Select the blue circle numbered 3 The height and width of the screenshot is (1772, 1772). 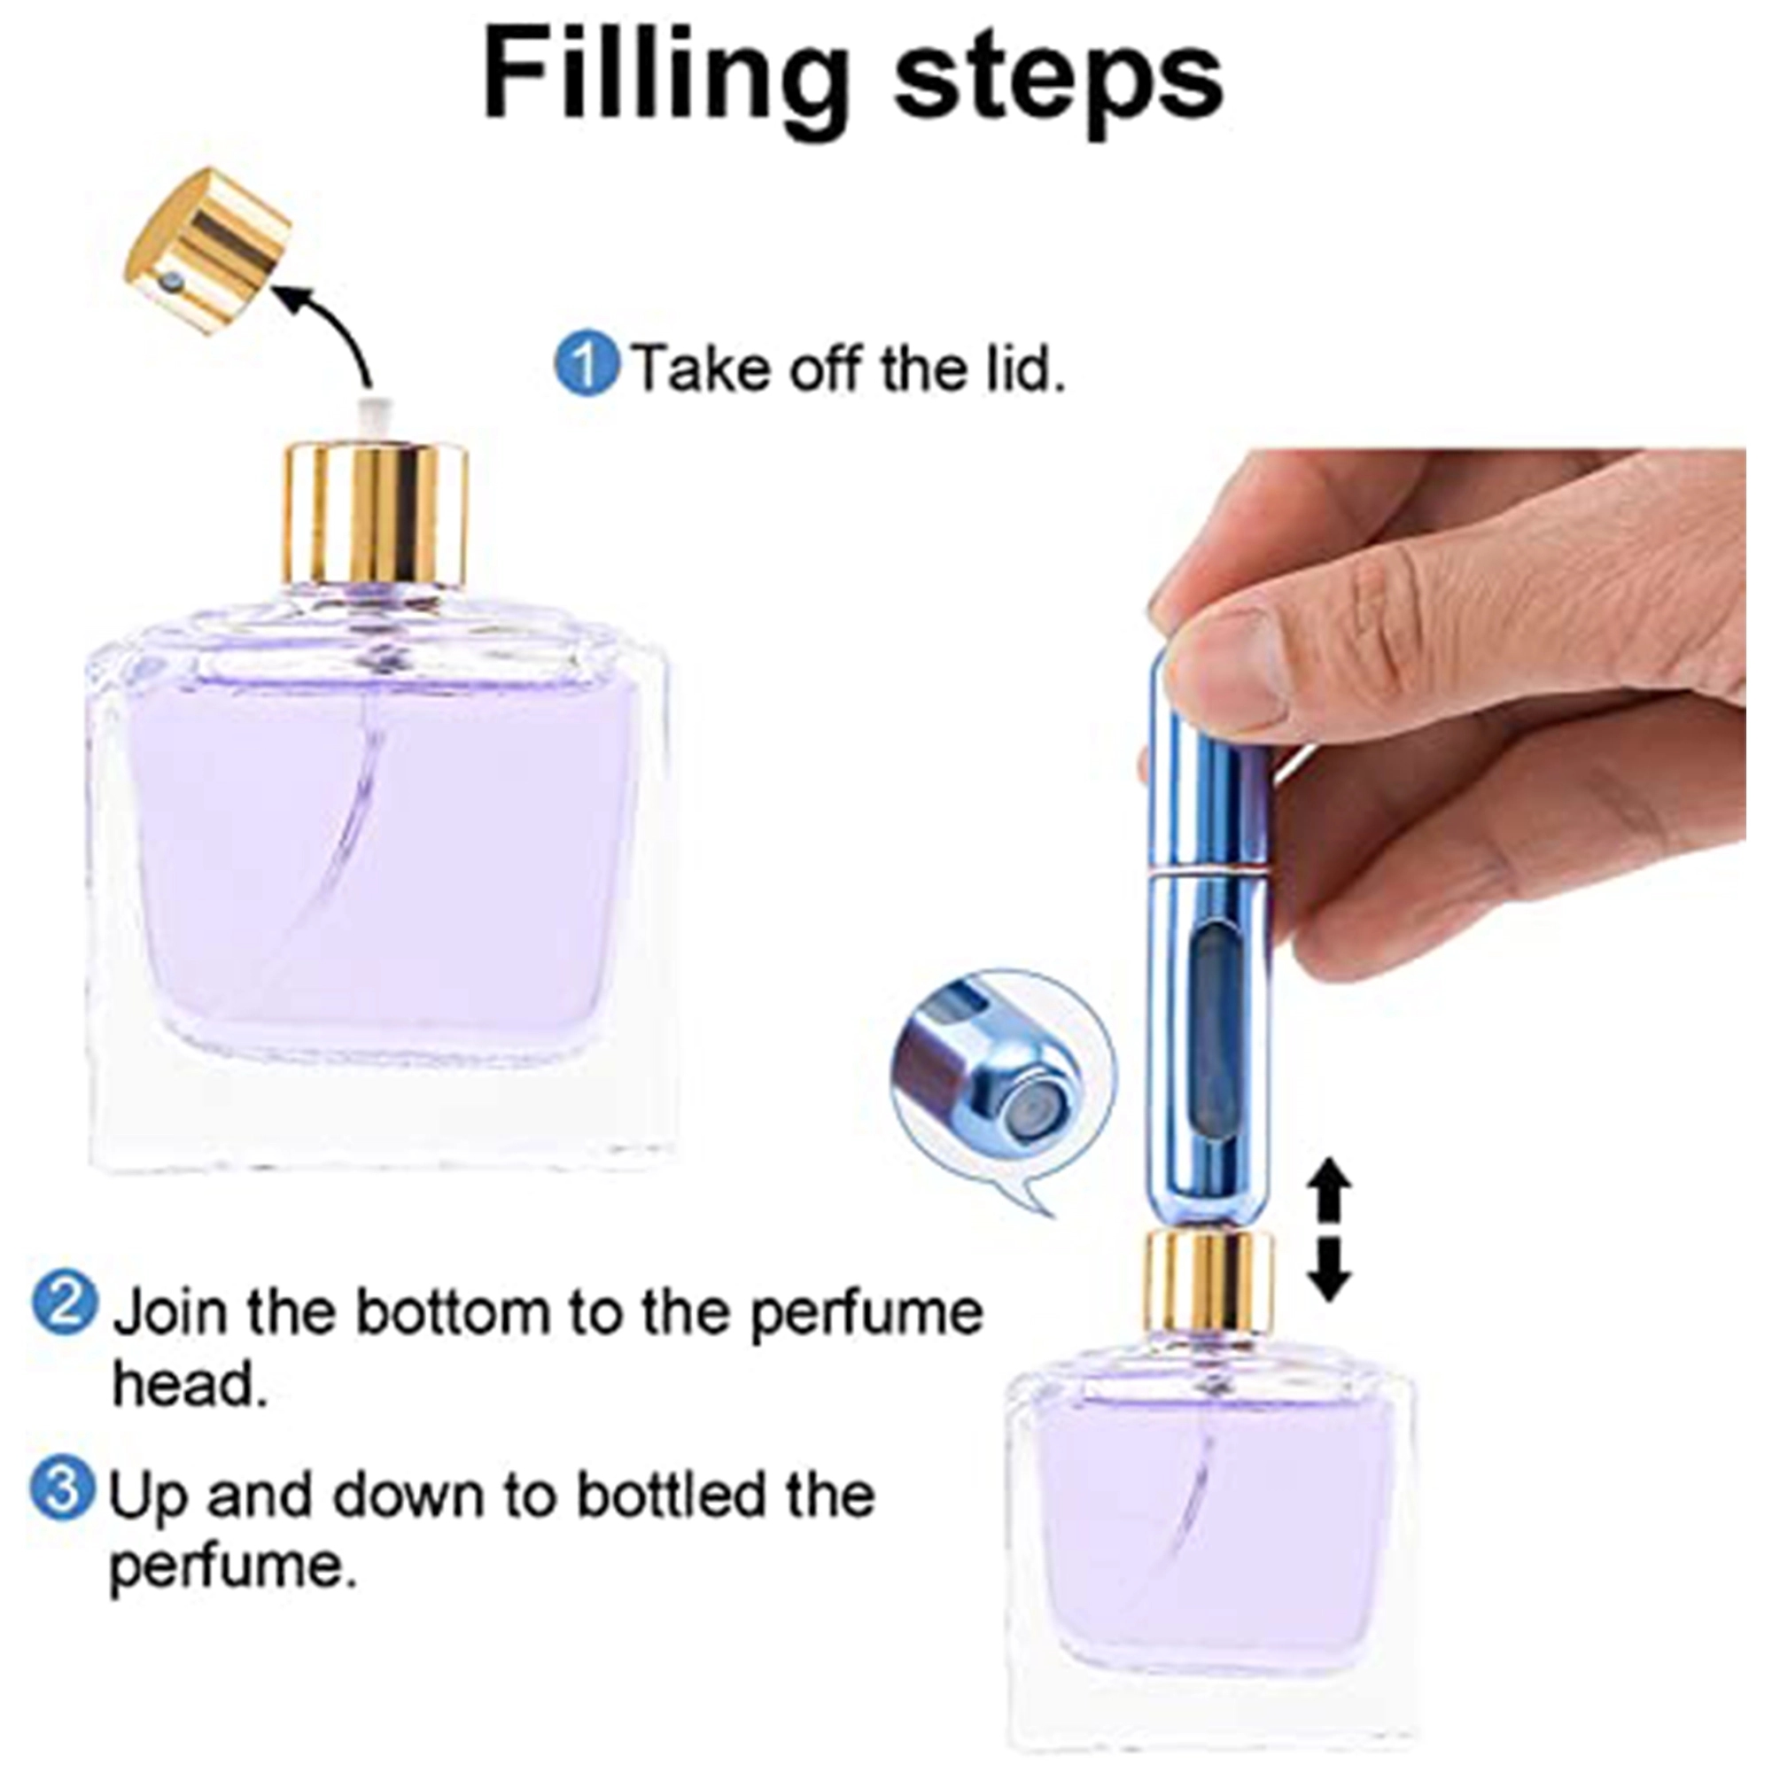62,1491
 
